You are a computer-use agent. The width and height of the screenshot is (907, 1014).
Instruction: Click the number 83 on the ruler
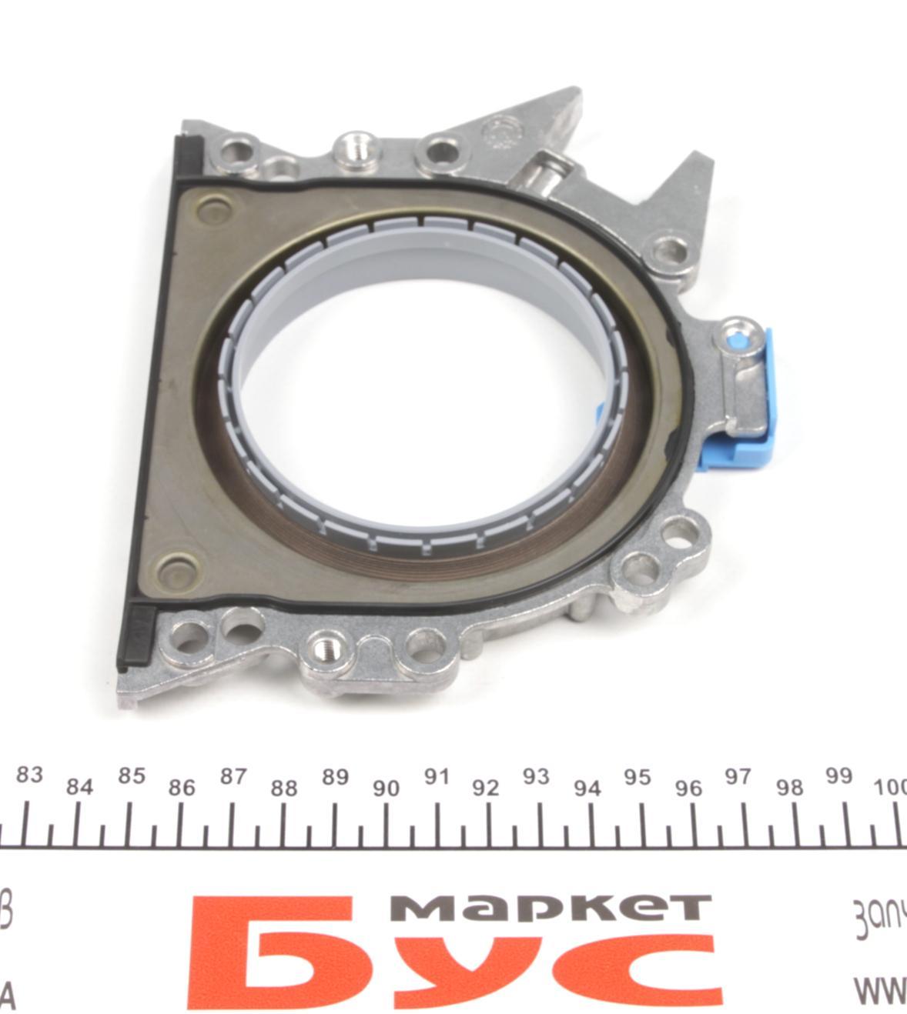point(29,774)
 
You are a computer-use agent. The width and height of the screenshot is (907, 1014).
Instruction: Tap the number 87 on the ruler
point(233,776)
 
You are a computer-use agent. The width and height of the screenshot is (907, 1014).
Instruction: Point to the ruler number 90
point(386,788)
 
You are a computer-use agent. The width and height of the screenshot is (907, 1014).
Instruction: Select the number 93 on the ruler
point(535,776)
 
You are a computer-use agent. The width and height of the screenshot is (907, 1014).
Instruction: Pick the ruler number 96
point(688,788)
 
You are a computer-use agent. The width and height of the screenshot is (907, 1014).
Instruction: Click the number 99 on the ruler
point(838,776)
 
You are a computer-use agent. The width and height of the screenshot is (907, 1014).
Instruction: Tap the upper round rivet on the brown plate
point(213,209)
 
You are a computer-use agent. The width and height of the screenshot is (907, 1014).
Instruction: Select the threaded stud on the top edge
point(355,146)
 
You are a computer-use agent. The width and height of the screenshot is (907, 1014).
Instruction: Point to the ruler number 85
point(131,776)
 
